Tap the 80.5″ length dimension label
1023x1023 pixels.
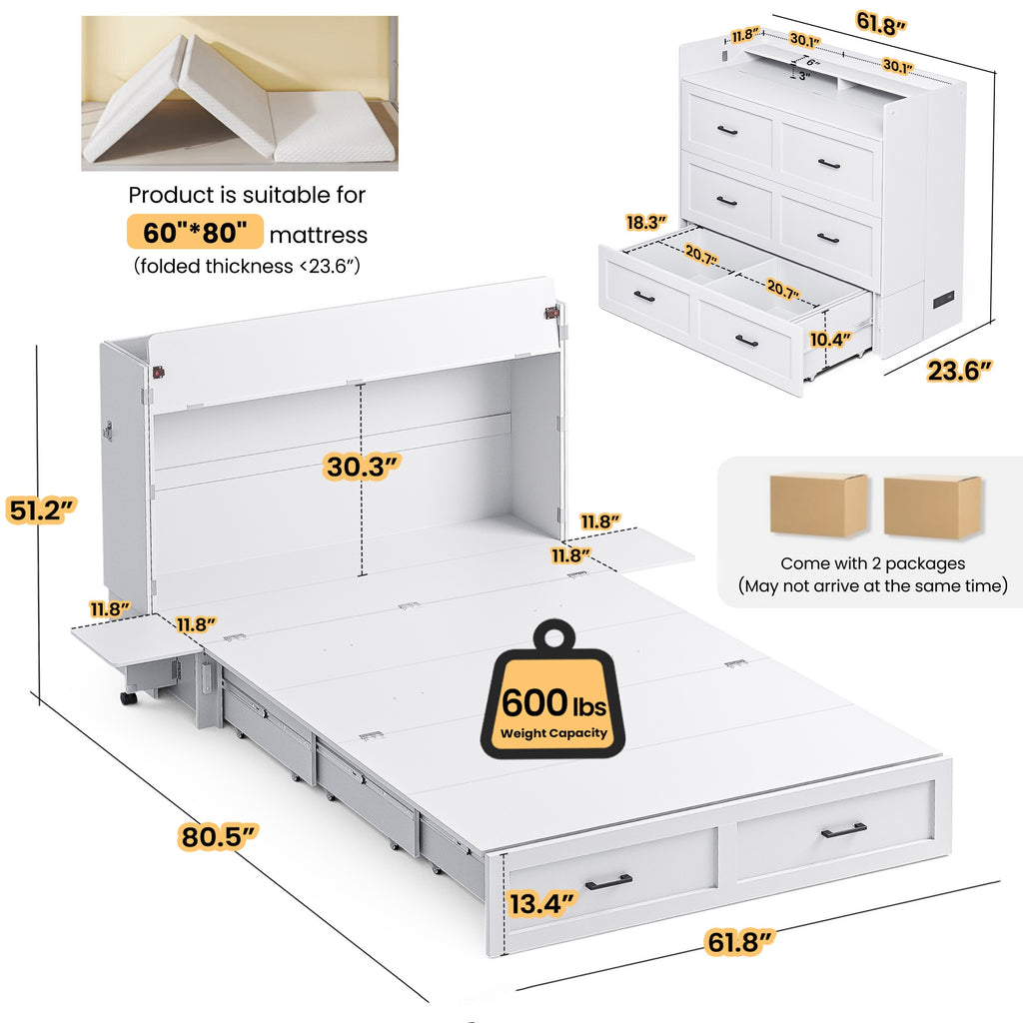pyautogui.click(x=218, y=836)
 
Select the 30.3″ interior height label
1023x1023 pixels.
pyautogui.click(x=362, y=467)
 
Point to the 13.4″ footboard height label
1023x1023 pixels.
pyautogui.click(x=542, y=903)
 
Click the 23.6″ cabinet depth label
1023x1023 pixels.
pyautogui.click(x=959, y=371)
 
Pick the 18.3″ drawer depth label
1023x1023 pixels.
pyautogui.click(x=646, y=223)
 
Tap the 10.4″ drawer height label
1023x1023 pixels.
pyautogui.click(x=830, y=340)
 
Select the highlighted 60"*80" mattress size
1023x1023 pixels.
pyautogui.click(x=195, y=232)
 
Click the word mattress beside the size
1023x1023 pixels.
pyautogui.click(x=319, y=235)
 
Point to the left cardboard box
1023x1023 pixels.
pyautogui.click(x=819, y=505)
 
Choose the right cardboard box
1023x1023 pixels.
pyautogui.click(x=932, y=507)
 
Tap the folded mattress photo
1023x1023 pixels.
pyautogui.click(x=240, y=93)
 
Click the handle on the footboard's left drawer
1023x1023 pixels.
pyautogui.click(x=608, y=882)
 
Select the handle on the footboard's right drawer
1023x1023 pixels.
pyautogui.click(x=843, y=830)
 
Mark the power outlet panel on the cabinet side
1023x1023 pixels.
pyautogui.click(x=944, y=302)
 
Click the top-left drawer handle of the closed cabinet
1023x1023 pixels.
pyautogui.click(x=727, y=131)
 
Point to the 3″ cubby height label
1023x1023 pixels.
pyautogui.click(x=804, y=76)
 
